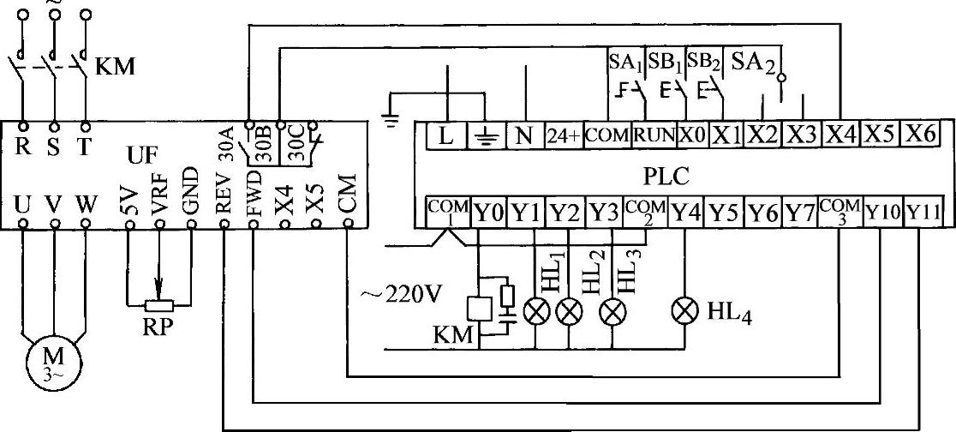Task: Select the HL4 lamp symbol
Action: pos(685,313)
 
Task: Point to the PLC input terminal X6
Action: pos(921,135)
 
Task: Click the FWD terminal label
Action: pos(254,193)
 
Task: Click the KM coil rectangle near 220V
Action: pos(475,309)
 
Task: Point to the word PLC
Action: pos(666,177)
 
